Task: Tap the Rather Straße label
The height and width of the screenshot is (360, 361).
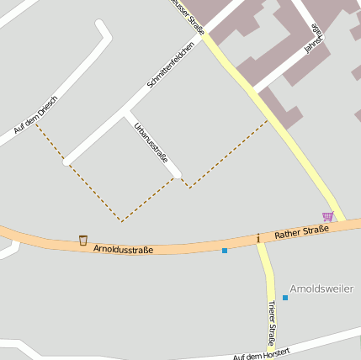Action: point(300,231)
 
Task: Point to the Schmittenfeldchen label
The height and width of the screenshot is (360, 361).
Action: point(171,66)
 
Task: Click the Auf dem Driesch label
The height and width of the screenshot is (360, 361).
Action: point(35,118)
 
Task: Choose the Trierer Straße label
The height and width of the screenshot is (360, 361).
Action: point(272,324)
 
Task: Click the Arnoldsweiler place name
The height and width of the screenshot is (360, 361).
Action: point(321,289)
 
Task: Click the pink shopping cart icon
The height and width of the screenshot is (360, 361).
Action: point(327,216)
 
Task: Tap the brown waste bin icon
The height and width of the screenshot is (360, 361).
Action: point(83,241)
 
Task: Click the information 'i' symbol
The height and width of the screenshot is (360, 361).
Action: point(258,239)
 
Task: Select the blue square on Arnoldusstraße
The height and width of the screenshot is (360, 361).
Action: point(225,251)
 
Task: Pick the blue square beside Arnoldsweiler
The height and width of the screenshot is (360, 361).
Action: point(285,298)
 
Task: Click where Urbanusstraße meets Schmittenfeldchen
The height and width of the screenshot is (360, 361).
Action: point(128,111)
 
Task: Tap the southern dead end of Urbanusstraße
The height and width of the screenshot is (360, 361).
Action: point(177,175)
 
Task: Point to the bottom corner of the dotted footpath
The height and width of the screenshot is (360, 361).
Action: point(122,221)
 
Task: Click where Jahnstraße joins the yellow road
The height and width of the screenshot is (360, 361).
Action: point(257,91)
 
